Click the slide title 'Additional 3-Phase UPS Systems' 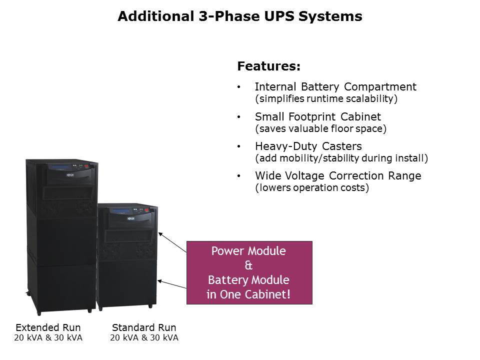pos(239,16)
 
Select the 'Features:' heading pos(268,66)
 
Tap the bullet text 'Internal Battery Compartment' pos(335,86)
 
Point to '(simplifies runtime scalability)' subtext pos(326,98)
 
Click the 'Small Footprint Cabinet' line pos(317,116)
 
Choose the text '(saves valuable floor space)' pos(320,128)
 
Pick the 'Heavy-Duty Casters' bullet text pos(308,146)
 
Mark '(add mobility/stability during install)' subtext pos(341,158)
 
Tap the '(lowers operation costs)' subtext pos(312,188)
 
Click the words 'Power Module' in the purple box pos(248,251)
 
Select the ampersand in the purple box pos(248,265)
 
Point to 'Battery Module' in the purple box pos(248,280)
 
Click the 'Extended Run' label pos(48,327)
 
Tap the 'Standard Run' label pos(144,327)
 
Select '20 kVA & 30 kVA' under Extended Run pos(48,338)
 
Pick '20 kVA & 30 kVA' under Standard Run pos(144,338)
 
